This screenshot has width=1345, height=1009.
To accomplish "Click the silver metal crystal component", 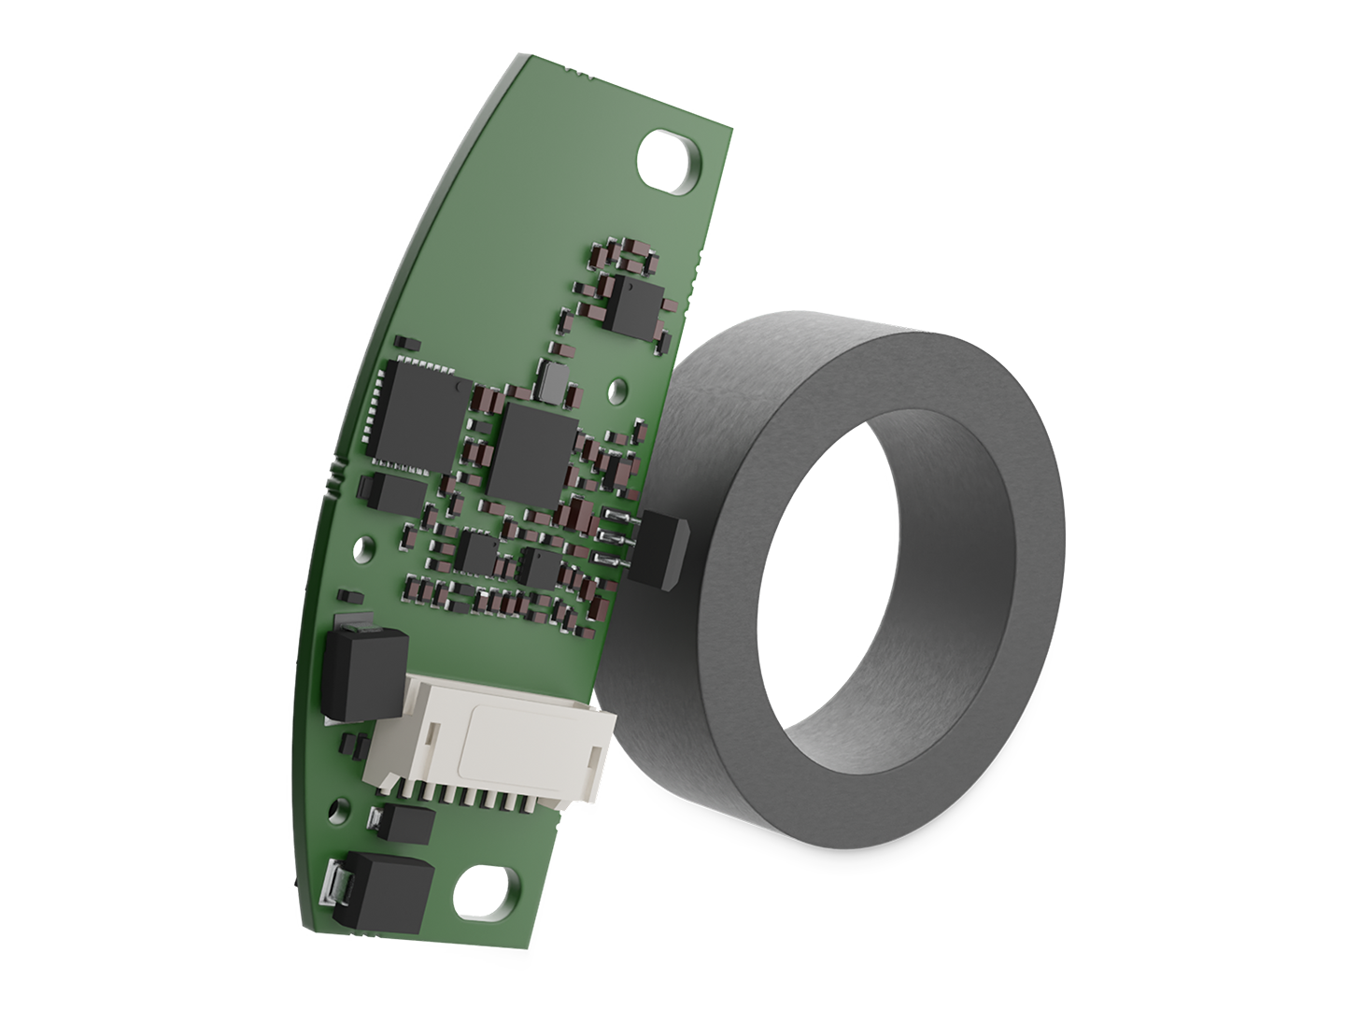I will (x=554, y=379).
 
